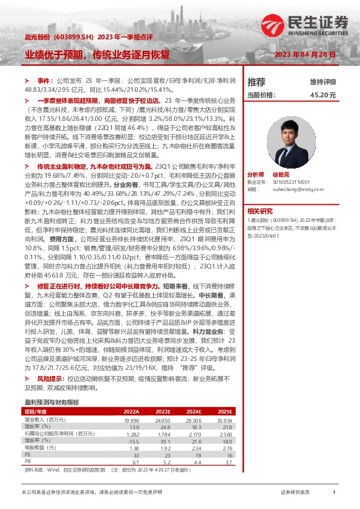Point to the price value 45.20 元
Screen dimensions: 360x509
[322, 95]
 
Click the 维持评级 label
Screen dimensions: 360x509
[322, 82]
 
